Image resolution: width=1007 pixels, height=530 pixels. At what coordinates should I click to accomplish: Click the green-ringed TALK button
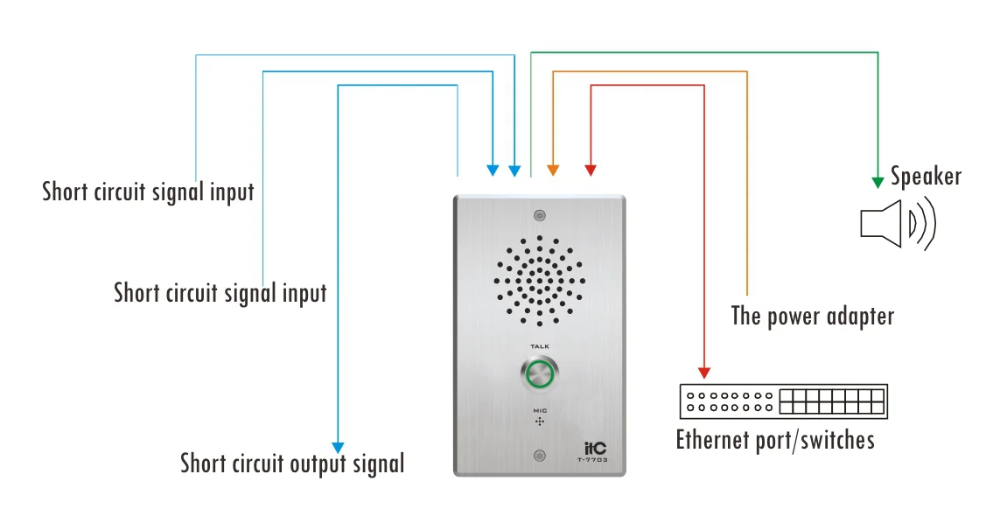(540, 374)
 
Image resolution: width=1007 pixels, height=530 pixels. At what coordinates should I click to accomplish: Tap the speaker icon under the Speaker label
(898, 224)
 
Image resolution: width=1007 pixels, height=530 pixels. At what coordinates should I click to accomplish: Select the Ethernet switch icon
(784, 401)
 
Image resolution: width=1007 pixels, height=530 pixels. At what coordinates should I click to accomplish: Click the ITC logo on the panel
(595, 449)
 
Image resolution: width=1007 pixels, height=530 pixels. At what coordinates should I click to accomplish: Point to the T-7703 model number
(592, 460)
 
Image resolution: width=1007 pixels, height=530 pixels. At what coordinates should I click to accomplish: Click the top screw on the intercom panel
(540, 216)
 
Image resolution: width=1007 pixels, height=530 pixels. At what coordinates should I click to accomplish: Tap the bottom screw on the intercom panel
(540, 457)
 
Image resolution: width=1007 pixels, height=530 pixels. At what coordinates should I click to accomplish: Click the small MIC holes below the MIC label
(540, 422)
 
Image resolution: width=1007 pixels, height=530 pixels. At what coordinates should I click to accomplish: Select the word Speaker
(926, 177)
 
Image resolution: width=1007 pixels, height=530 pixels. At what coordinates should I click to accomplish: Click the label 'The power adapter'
(813, 317)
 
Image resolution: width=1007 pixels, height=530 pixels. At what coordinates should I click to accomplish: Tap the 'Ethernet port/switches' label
(775, 440)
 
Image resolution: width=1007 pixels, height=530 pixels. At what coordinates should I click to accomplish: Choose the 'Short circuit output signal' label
(292, 464)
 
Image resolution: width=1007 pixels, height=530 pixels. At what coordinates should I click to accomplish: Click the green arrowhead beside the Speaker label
(878, 183)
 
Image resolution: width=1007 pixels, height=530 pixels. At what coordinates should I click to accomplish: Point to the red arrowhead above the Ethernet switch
(704, 373)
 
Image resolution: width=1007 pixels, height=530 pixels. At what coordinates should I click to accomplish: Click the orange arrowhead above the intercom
(553, 170)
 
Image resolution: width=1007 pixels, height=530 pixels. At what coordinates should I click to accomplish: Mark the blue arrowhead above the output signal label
(338, 448)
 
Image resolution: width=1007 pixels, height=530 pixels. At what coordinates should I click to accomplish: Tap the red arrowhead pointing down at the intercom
(591, 170)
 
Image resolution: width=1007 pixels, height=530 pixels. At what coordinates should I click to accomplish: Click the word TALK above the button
(540, 346)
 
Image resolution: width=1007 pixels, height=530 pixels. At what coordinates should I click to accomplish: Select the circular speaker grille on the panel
(540, 281)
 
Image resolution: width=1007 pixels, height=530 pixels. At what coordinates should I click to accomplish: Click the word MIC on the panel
(540, 411)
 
